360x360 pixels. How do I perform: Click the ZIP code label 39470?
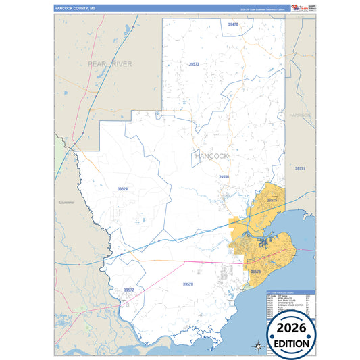click(x=233, y=24)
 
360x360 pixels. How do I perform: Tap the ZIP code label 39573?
click(x=194, y=63)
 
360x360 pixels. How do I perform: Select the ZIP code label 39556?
click(x=224, y=176)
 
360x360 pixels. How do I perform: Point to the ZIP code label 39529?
click(x=122, y=189)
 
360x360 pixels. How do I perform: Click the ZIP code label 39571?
click(x=300, y=168)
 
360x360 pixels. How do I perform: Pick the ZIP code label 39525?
click(x=272, y=200)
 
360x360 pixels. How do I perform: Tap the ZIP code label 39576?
click(x=256, y=272)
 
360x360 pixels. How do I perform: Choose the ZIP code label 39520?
click(x=188, y=284)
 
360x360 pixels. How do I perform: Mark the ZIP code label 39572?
click(x=129, y=290)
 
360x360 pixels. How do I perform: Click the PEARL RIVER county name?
click(x=109, y=63)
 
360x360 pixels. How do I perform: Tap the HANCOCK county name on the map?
click(x=211, y=156)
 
